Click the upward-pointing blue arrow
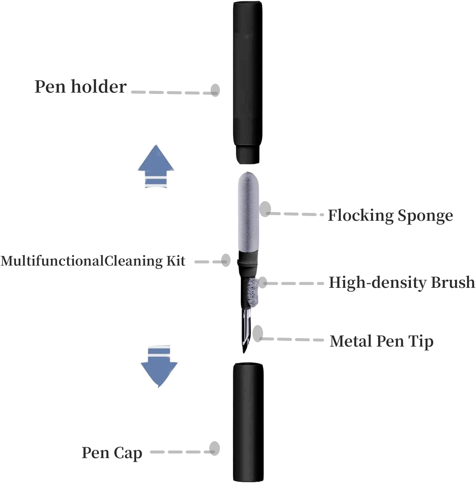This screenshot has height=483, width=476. [156, 166]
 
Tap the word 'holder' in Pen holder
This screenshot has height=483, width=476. [99, 87]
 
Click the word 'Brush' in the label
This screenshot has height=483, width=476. [453, 282]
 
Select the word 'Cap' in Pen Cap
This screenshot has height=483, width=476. [128, 453]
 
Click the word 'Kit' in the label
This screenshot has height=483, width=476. [175, 261]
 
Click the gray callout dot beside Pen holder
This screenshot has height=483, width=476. [215, 90]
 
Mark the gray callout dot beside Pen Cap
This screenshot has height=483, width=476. [215, 448]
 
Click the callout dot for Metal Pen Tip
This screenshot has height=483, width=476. [258, 334]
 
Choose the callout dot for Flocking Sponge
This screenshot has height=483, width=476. [265, 209]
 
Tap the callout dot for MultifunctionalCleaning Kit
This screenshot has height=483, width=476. [226, 260]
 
